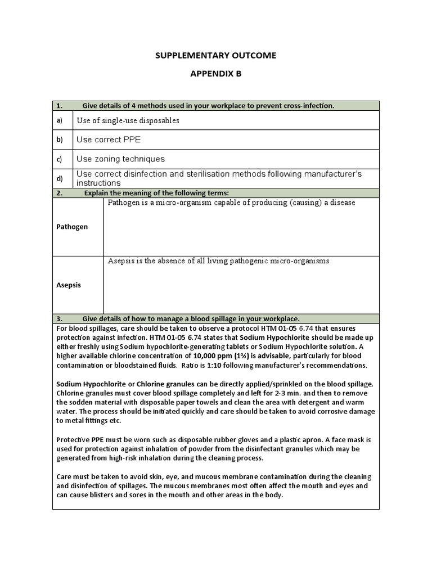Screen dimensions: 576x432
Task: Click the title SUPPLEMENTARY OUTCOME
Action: point(215,55)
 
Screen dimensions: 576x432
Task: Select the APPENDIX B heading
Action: point(215,73)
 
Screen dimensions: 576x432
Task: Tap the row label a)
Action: point(59,120)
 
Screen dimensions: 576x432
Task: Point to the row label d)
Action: point(59,178)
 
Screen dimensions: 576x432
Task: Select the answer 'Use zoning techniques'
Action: point(120,159)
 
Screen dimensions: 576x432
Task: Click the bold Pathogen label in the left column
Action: point(72,227)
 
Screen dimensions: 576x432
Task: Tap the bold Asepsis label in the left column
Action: point(69,285)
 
